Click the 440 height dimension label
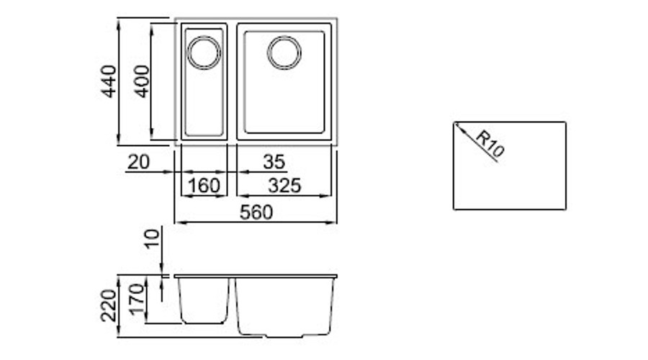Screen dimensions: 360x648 coord(109,81)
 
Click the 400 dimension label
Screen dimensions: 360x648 coord(142,81)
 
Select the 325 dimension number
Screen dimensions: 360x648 coord(284,186)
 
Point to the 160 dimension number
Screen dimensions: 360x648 coord(203,186)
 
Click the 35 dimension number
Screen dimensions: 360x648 coord(274,162)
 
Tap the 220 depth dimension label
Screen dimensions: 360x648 coord(109,305)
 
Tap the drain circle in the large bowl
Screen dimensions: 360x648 coord(284,53)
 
